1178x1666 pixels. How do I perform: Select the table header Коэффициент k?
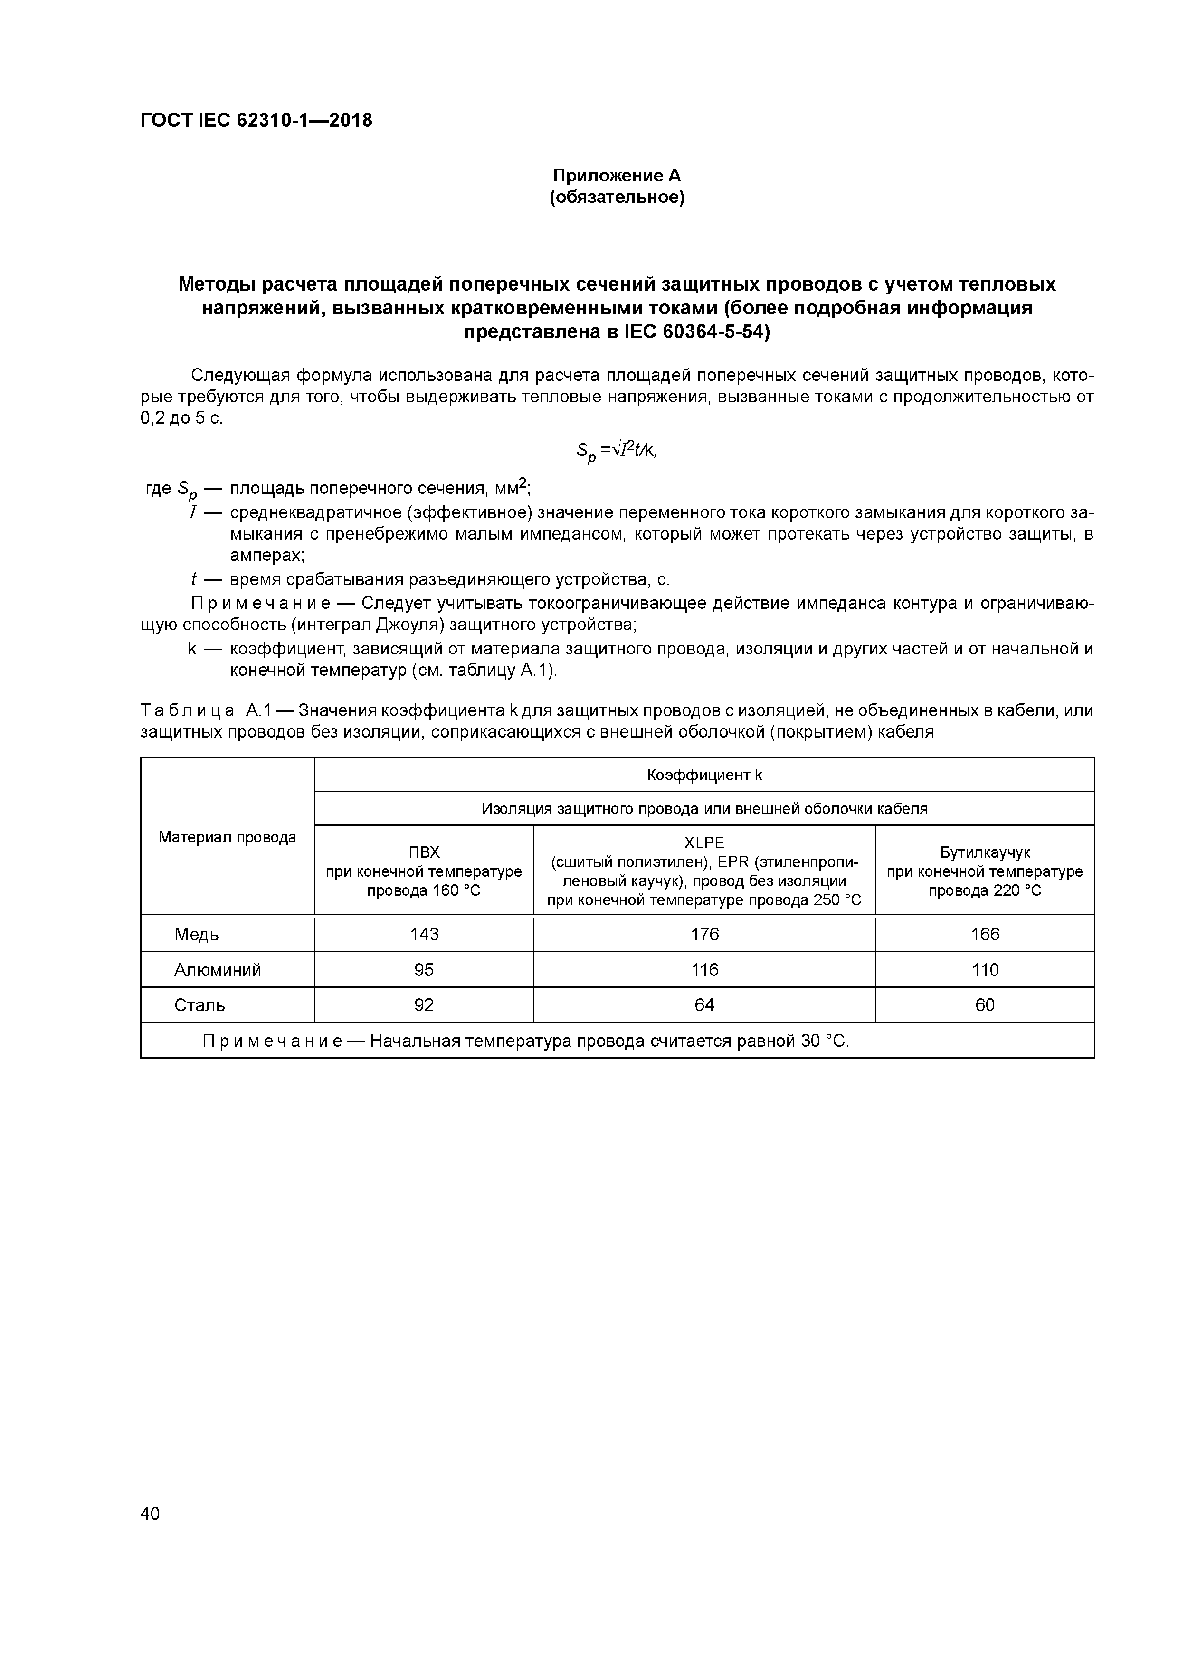point(704,775)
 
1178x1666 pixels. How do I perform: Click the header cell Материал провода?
point(227,837)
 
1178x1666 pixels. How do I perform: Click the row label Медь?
point(197,935)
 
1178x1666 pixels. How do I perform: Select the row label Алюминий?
point(217,970)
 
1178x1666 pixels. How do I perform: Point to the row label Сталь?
point(199,1005)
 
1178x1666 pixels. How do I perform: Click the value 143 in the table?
point(424,935)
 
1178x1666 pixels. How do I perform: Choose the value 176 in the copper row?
point(704,935)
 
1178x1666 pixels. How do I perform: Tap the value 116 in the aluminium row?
point(704,970)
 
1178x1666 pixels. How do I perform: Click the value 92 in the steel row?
point(424,1005)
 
